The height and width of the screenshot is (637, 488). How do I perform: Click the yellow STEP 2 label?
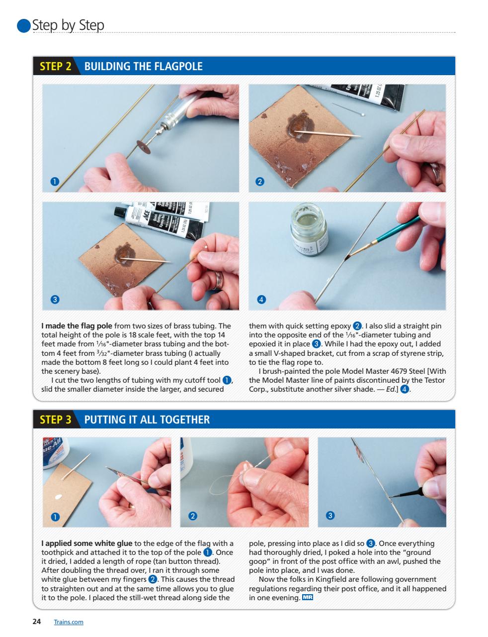(55, 67)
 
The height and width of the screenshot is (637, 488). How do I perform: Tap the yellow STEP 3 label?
(55, 420)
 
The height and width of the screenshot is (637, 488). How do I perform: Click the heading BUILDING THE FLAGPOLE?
(144, 67)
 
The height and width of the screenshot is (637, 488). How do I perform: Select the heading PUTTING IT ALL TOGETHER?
(147, 420)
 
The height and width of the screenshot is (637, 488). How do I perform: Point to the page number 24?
(36, 622)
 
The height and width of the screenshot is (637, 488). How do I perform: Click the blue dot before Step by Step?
(24, 26)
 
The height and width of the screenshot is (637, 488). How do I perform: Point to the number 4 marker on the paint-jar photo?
(261, 300)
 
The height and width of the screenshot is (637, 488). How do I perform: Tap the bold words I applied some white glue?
(86, 543)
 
